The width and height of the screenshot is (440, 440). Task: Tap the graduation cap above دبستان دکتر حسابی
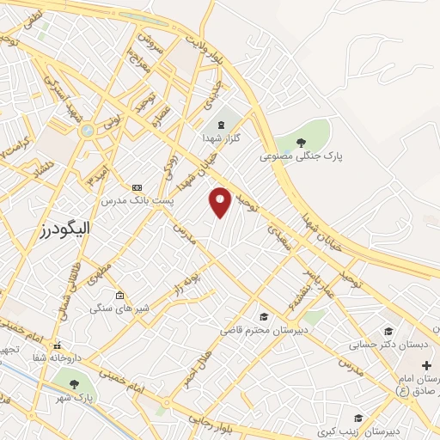(387, 331)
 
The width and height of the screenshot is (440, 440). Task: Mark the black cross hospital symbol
(426, 365)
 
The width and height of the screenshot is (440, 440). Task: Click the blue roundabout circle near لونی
(87, 131)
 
